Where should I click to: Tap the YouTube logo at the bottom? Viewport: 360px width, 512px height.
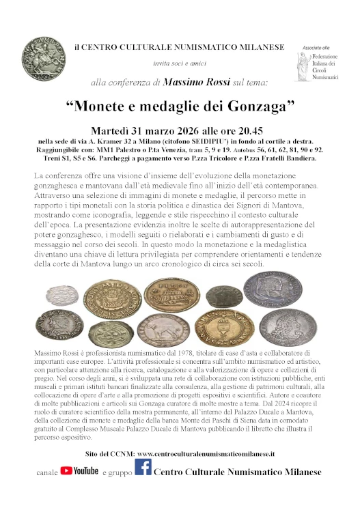(79, 470)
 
